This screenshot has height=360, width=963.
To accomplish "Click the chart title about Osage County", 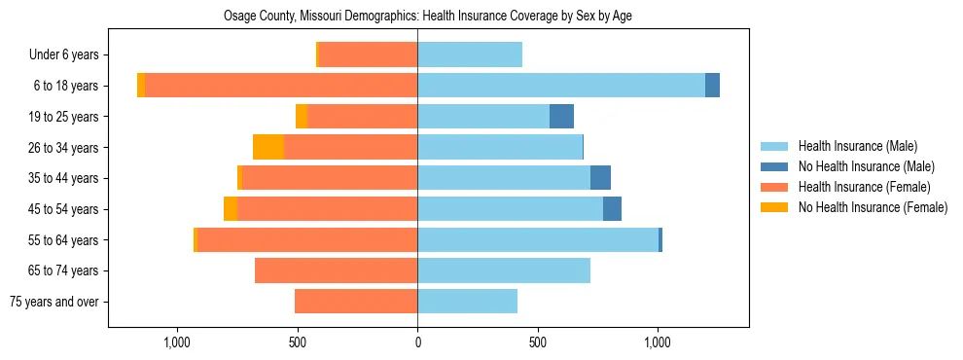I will coord(428,17).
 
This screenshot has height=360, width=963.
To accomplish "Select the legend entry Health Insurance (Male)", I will coord(857,146).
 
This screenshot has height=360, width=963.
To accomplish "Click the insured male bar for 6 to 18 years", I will coord(561,86).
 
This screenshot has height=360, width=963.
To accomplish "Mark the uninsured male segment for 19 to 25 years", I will coord(561,117).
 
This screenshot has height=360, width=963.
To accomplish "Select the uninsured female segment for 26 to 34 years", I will coord(268,147).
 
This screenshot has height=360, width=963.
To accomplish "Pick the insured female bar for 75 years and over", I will coord(356,302).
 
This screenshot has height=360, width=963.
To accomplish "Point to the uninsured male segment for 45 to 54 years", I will coord(612,209).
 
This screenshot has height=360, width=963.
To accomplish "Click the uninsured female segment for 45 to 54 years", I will coord(231,209).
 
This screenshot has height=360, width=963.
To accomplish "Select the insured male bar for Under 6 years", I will coord(470,54).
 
